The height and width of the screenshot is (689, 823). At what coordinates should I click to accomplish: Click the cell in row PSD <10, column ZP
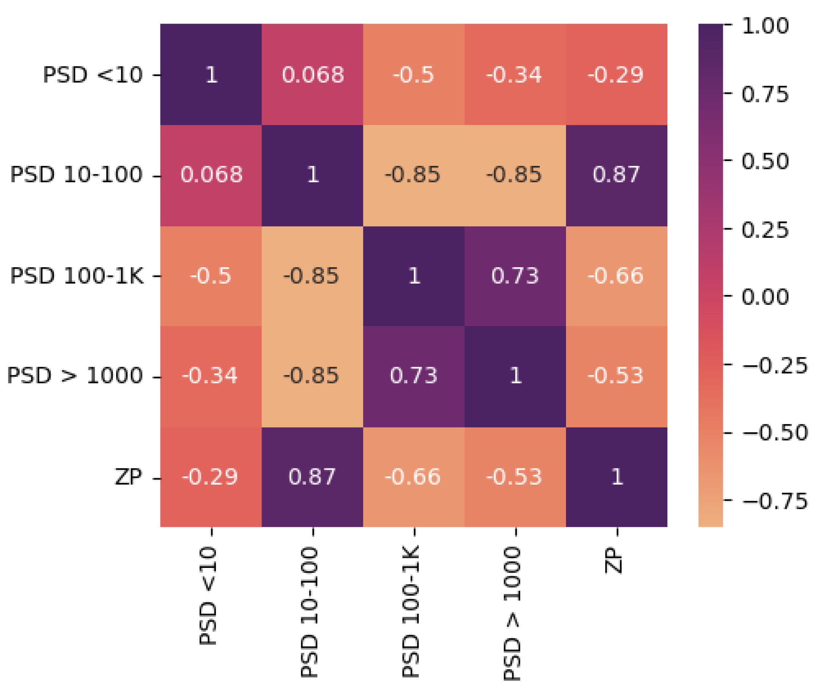[x=616, y=74]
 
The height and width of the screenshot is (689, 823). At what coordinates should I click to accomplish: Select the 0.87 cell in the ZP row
[x=312, y=477]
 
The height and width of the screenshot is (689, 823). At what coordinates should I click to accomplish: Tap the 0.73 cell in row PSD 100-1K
[x=515, y=276]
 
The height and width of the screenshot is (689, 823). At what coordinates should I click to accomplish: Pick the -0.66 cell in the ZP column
[x=616, y=276]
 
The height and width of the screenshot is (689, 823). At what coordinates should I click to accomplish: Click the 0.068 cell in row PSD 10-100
[x=211, y=175]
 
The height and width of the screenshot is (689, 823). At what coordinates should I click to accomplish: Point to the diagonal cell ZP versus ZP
[x=616, y=477]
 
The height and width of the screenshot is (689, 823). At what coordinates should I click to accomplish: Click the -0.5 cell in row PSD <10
[x=413, y=74]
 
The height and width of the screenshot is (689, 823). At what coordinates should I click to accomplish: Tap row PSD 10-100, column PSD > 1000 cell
[x=515, y=175]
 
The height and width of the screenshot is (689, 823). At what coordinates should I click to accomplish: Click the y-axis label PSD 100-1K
[x=77, y=276]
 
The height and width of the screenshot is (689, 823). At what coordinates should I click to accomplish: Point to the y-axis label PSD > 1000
[x=75, y=376]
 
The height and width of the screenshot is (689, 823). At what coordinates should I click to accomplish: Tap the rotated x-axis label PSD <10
[x=208, y=596]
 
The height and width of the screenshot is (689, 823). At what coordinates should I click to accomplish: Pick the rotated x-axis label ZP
[x=614, y=561]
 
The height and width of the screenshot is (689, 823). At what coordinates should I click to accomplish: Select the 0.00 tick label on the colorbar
[x=765, y=297]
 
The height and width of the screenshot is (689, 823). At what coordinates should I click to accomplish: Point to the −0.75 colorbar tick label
[x=774, y=501]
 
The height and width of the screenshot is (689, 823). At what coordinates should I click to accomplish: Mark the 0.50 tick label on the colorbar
[x=765, y=161]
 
